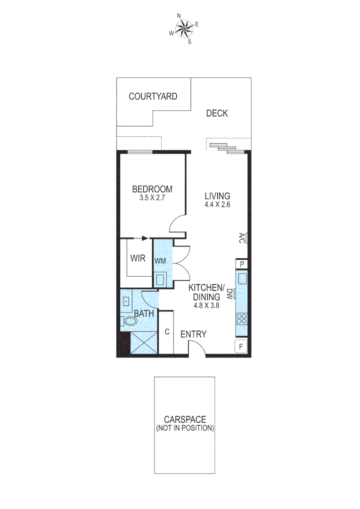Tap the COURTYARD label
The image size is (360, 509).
tap(153, 97)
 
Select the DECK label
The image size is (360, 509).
tap(217, 113)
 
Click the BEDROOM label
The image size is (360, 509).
tap(152, 189)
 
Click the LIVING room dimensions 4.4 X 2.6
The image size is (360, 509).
tap(217, 205)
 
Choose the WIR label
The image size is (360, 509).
tap(138, 259)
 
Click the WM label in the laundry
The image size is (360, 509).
tap(160, 261)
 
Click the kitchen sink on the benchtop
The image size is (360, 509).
tap(242, 279)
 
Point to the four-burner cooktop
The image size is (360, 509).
tap(242, 318)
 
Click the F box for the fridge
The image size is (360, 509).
tap(241, 346)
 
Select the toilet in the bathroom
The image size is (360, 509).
tap(130, 321)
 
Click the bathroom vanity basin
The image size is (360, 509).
tap(127, 302)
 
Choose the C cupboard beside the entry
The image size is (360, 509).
tap(167, 331)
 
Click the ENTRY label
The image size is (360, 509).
tap(194, 334)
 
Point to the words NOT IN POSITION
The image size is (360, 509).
tap(185, 428)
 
